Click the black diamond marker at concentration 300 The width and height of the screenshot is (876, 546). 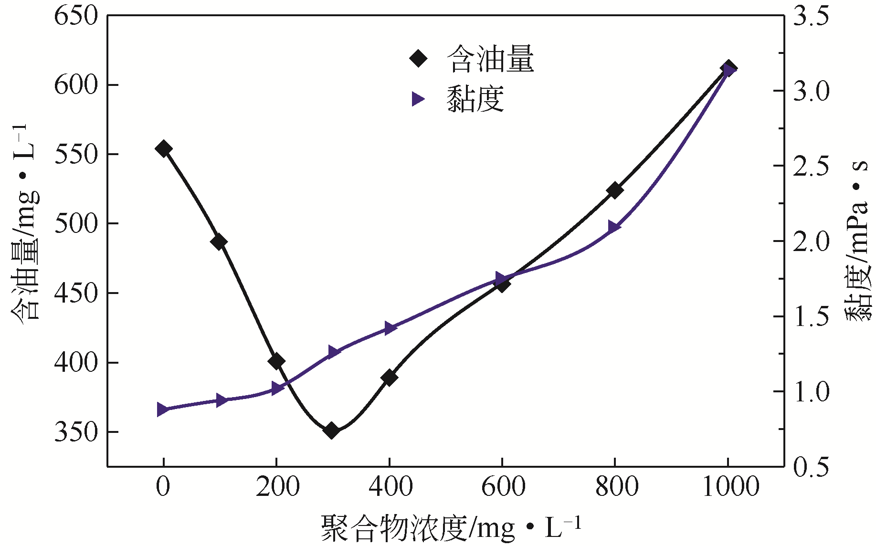[x=331, y=430]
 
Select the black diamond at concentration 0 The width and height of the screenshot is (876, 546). [x=163, y=148]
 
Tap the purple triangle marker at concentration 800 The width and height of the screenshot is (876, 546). [x=614, y=227]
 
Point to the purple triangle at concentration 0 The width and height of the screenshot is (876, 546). [x=163, y=409]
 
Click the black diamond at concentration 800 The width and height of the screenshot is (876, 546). [x=615, y=190]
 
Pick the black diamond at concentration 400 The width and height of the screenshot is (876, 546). [x=389, y=378]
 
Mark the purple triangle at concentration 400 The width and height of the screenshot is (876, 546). [x=390, y=328]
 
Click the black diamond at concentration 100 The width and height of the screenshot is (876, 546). [x=219, y=242]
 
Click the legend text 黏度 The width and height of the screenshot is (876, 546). [x=475, y=99]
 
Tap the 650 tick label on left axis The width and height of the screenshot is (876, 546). [x=76, y=16]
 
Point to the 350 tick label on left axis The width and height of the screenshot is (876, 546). [x=76, y=432]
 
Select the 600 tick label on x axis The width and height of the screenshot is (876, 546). [x=503, y=487]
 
